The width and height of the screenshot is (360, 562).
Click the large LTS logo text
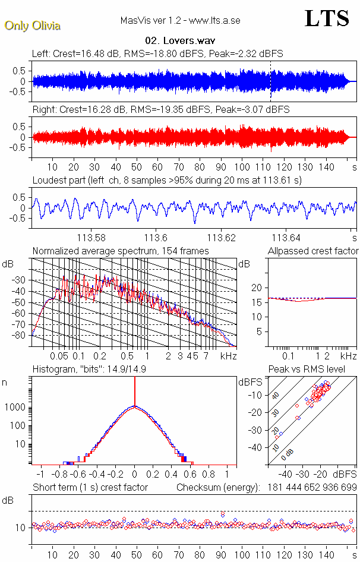327,19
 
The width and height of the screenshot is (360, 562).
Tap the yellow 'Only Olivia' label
33,26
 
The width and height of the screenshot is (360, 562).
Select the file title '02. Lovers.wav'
179,40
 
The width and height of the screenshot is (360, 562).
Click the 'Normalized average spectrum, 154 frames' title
121,251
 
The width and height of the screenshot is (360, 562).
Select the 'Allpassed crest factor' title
313,251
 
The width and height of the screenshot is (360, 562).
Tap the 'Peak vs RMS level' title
314,370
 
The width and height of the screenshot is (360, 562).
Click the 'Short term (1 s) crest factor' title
90,488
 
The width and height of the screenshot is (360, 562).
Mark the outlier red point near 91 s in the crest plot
223,514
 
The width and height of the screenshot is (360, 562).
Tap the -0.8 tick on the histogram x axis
60,475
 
